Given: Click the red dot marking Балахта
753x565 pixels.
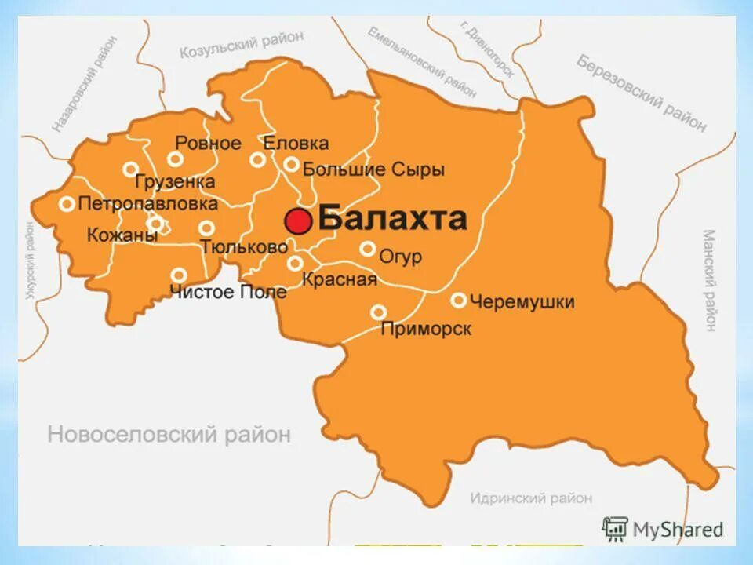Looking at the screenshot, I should tap(298, 221).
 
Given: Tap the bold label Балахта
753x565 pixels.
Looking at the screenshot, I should tap(393, 219).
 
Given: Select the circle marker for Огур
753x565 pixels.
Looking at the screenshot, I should tap(367, 249).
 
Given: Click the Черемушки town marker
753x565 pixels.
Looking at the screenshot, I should tap(458, 301).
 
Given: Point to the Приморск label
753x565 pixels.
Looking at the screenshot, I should tap(426, 329).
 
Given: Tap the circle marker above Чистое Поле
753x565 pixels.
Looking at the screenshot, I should tap(179, 275).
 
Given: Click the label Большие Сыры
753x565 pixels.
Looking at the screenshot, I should tap(373, 169).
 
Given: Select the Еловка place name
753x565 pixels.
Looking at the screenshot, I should tap(295, 144).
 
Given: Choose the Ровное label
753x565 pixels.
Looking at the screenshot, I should tap(207, 143).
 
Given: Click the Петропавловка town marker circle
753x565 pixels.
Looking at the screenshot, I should tap(67, 204).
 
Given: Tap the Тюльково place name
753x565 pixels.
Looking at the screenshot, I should tap(244, 246).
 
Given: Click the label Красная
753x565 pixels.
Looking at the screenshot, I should tap(340, 279).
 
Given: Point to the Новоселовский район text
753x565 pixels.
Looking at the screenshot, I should tap(169, 434).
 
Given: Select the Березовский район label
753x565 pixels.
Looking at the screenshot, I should tap(642, 93).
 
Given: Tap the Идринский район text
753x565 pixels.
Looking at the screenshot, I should tap(531, 498).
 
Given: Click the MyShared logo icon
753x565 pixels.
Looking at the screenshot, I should tap(615, 529).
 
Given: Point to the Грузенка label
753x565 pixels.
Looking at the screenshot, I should tap(174, 182).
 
